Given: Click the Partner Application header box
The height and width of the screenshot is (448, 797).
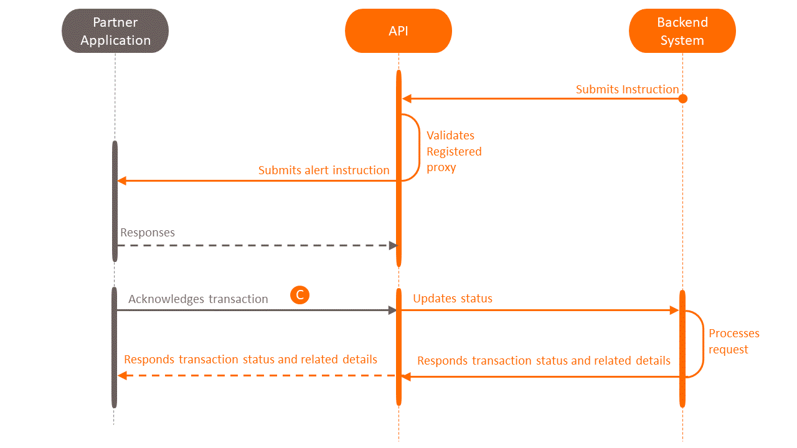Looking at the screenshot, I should coord(115,31).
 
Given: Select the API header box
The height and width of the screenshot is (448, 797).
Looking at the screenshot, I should coord(398,31).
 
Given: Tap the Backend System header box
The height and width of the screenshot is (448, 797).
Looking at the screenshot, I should coord(682,31).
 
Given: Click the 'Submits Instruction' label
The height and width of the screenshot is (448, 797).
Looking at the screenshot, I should coord(627,90).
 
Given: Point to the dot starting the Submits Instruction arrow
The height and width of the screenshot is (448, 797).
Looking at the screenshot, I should coord(682,98).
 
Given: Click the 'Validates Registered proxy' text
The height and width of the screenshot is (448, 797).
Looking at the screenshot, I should coord(454,151).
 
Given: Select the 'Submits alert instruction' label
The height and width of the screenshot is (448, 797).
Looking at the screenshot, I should coord(324,170).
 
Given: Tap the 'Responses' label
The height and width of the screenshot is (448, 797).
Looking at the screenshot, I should coord(148,233).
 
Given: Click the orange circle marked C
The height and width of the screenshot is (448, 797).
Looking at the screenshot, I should coord(299,295).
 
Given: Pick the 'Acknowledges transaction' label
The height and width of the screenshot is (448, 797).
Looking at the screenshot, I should coord(198,299).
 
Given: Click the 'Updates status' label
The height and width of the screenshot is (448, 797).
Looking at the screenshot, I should coord(453,299).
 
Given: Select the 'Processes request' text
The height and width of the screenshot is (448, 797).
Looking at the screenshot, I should coord(734,342).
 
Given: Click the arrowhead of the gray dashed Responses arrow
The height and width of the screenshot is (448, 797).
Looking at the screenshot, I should coord(393,245).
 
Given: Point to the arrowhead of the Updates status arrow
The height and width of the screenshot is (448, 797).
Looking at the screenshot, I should coord(674,310).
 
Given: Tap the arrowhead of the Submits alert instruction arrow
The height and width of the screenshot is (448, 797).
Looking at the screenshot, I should coord(122,180).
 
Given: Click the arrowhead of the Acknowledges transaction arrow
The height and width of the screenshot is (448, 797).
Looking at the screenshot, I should coord(393,310).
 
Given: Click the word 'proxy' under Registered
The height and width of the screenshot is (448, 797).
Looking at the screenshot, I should coord(441,167).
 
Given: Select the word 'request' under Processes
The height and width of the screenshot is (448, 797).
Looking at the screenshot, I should coord(729,350).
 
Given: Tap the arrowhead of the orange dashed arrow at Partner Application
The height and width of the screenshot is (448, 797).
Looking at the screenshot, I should coord(123,376).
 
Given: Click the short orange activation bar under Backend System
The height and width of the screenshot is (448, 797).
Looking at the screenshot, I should coord(682,348).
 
